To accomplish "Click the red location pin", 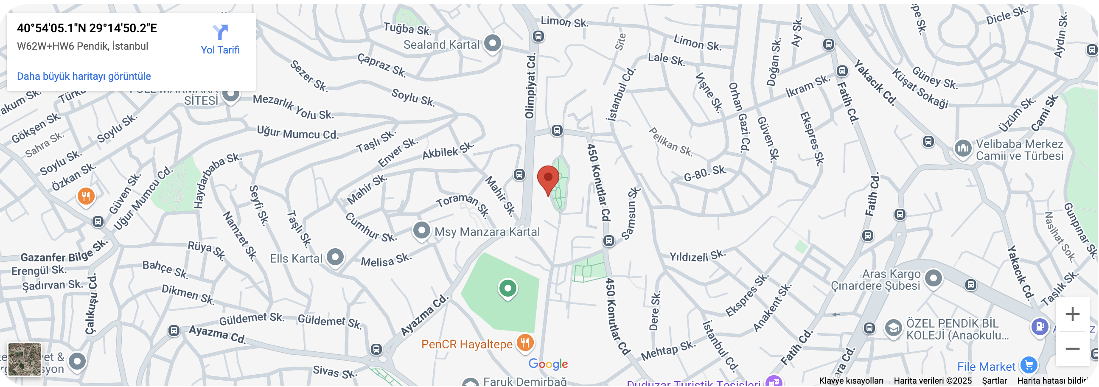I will pyautogui.click(x=548, y=179).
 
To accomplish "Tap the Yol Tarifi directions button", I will pyautogui.click(x=220, y=39).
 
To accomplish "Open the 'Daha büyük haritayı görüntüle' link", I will pyautogui.click(x=84, y=76).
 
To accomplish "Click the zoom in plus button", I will pyautogui.click(x=1072, y=314).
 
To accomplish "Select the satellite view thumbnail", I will pyautogui.click(x=25, y=360).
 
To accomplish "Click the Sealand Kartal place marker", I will pyautogui.click(x=493, y=43).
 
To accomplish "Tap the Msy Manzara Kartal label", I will pyautogui.click(x=487, y=232).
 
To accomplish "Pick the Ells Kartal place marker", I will pyautogui.click(x=335, y=257).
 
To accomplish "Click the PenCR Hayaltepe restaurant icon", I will pyautogui.click(x=525, y=342).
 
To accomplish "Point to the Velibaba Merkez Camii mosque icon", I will pyautogui.click(x=963, y=149).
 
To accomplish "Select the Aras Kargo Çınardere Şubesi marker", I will pyautogui.click(x=933, y=279).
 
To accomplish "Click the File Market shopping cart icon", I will pyautogui.click(x=1029, y=365).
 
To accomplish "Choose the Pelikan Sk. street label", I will pyautogui.click(x=670, y=142).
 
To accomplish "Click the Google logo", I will pyautogui.click(x=548, y=364).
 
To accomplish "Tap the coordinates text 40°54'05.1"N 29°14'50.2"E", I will pyautogui.click(x=87, y=28).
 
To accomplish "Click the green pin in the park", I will pyautogui.click(x=507, y=289).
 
